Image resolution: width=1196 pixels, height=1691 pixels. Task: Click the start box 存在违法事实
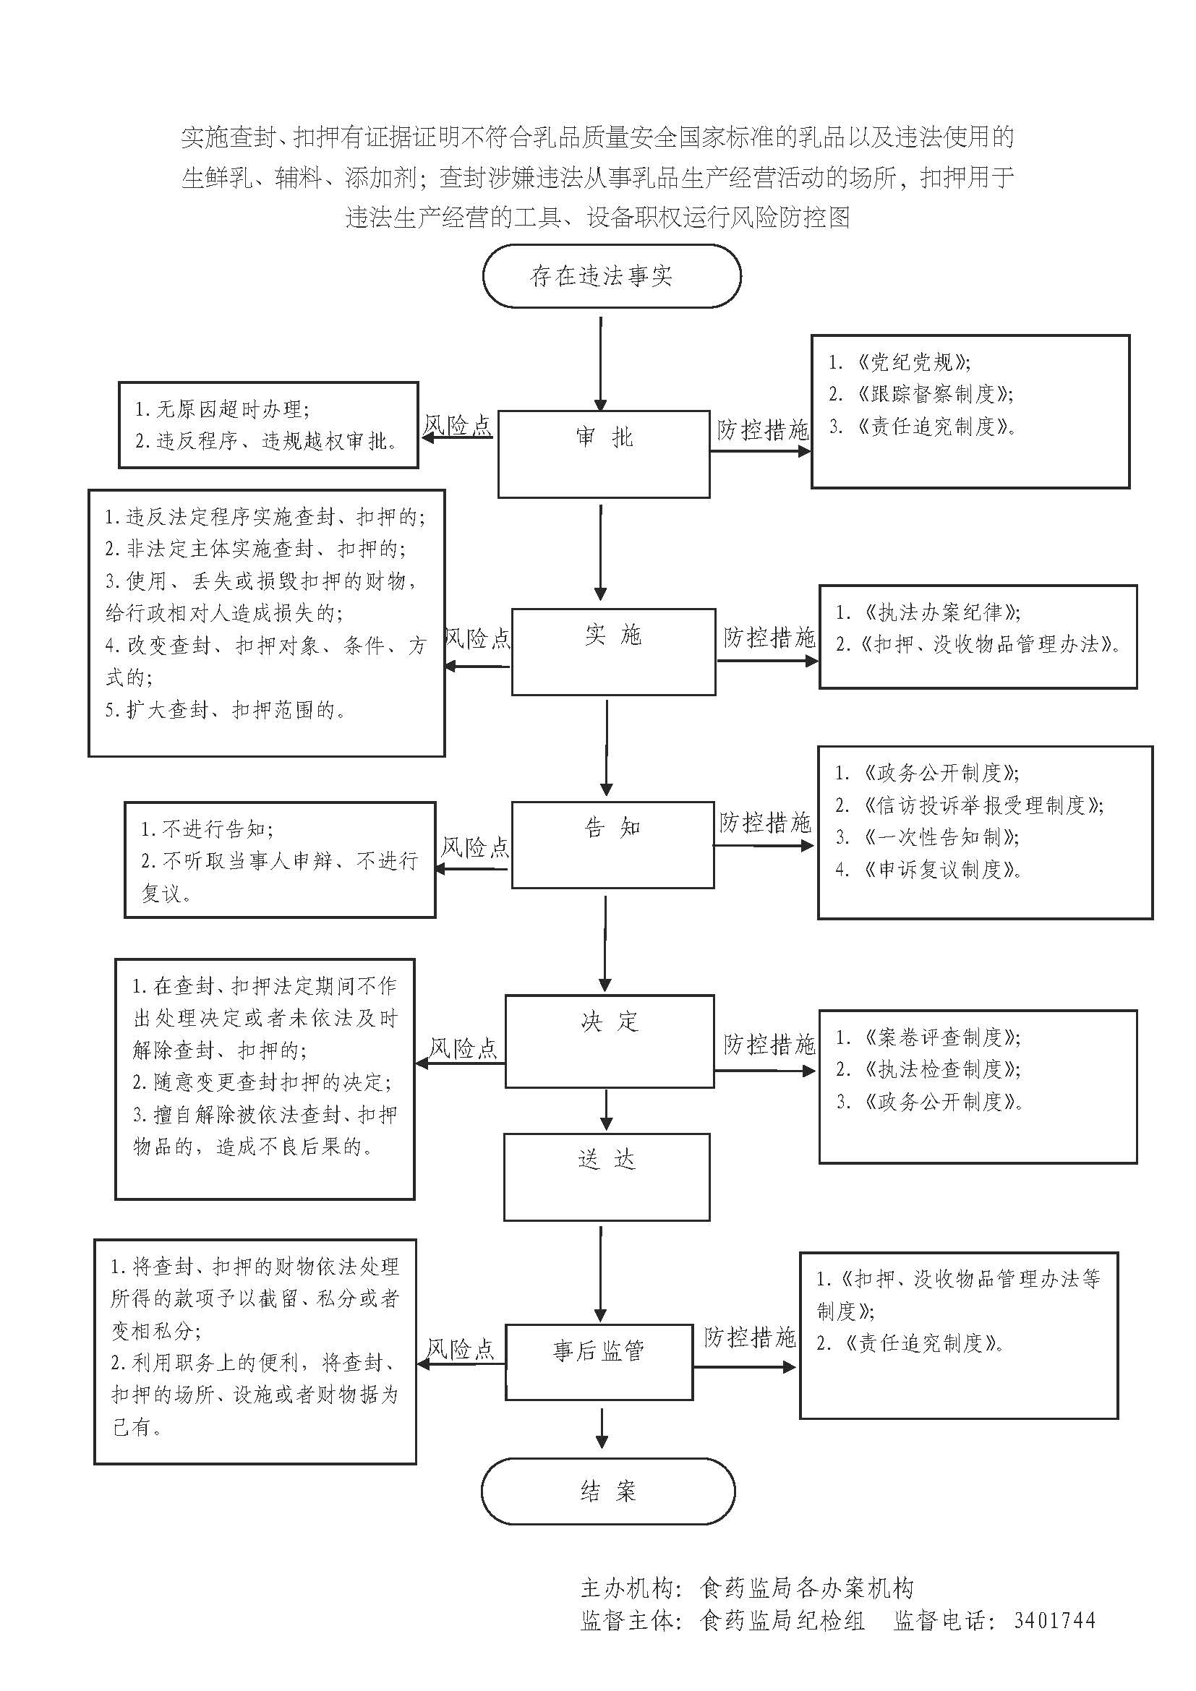[x=611, y=276]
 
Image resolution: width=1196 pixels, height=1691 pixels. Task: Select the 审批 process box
[x=604, y=453]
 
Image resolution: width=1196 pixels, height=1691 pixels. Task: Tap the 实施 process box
[x=613, y=651]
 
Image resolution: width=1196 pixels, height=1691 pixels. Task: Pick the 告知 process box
[x=612, y=844]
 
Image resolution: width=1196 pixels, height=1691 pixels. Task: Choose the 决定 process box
[x=609, y=1040]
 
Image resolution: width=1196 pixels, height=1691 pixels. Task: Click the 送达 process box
[x=607, y=1176]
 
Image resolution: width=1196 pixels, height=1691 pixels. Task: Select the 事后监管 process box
[x=599, y=1362]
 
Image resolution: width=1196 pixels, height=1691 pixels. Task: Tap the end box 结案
[x=608, y=1491]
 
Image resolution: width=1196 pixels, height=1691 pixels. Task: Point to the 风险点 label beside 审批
[x=456, y=425]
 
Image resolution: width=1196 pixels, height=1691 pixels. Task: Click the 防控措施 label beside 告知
[x=765, y=822]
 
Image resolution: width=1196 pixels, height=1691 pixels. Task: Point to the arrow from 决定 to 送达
[x=606, y=1110]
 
